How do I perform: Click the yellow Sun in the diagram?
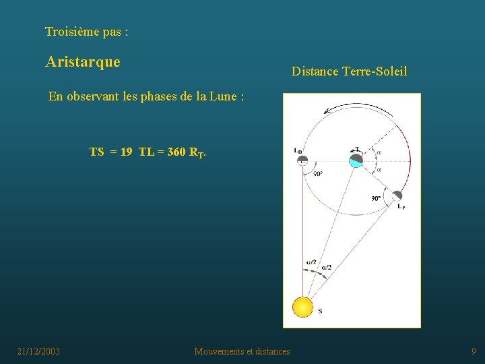point(303,307)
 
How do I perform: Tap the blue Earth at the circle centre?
point(356,161)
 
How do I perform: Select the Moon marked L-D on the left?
point(302,160)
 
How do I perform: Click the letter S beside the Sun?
point(319,311)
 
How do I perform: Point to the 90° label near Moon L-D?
point(318,173)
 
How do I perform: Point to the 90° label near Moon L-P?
point(377,198)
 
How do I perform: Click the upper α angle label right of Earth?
point(379,152)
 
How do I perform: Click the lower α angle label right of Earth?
point(379,170)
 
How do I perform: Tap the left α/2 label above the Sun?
point(311,263)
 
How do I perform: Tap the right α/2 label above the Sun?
point(326,268)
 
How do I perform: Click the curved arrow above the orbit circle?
point(340,110)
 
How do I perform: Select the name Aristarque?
point(83,62)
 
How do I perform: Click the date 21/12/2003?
point(38,351)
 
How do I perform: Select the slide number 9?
point(474,351)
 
